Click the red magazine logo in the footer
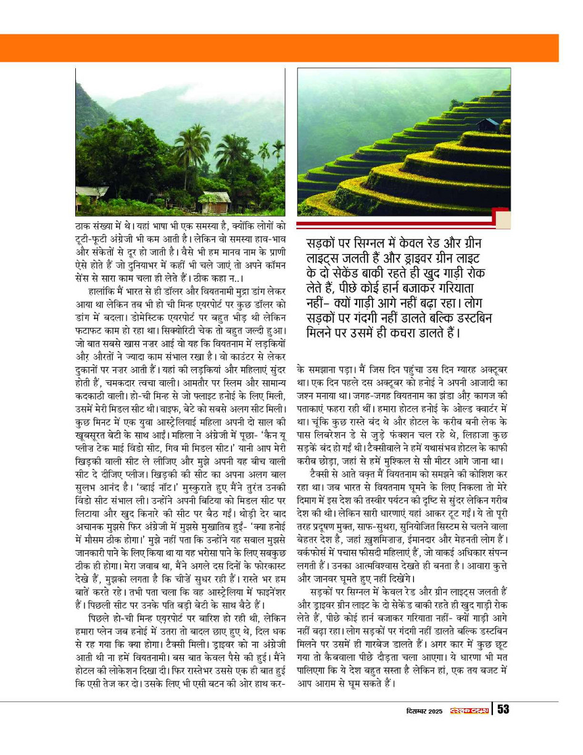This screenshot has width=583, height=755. [468, 710]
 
